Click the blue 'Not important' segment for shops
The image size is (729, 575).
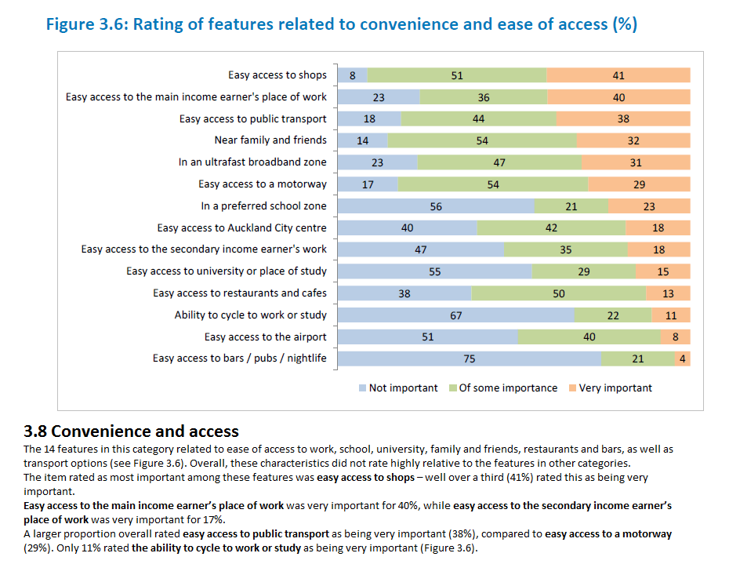[x=353, y=75]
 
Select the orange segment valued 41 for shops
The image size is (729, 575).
[x=618, y=75]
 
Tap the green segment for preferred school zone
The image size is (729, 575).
[x=571, y=206]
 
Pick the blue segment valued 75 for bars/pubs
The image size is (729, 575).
[x=470, y=358]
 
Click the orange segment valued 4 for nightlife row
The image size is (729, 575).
[x=683, y=358]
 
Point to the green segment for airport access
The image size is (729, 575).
[x=589, y=337]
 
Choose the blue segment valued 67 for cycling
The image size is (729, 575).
[x=455, y=315]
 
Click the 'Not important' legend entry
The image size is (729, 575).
[x=397, y=388]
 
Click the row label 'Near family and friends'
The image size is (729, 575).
[x=270, y=140]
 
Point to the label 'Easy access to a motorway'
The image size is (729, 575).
[x=263, y=184]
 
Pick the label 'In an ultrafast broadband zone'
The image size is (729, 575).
[x=252, y=162]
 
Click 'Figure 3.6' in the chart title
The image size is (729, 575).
[x=85, y=24]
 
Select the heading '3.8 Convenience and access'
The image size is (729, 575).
[x=132, y=431]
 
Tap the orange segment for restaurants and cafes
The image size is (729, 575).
[x=668, y=293]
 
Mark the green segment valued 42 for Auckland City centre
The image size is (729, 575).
[x=551, y=228]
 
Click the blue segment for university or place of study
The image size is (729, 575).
[x=434, y=271]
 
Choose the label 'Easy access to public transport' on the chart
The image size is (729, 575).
[x=252, y=119]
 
